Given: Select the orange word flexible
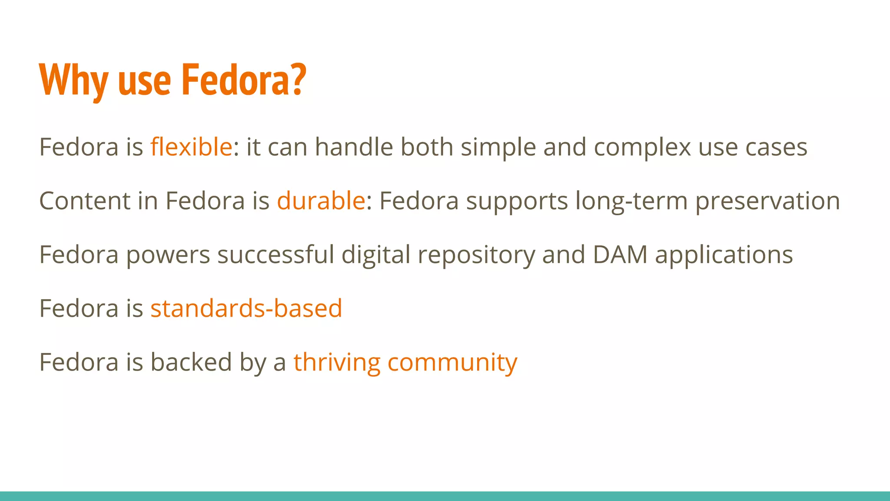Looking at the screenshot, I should [x=191, y=147].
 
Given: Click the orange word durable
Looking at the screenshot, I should [x=321, y=200].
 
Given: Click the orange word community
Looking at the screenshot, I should [x=452, y=363].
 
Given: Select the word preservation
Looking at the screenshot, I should [x=767, y=201].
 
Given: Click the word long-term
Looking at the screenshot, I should [x=631, y=201].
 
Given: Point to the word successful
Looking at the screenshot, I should [x=276, y=254].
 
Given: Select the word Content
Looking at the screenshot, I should [x=85, y=200].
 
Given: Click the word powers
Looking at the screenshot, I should [x=168, y=255].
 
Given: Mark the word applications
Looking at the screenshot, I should [x=724, y=255].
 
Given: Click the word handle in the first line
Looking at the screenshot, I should [x=354, y=147].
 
